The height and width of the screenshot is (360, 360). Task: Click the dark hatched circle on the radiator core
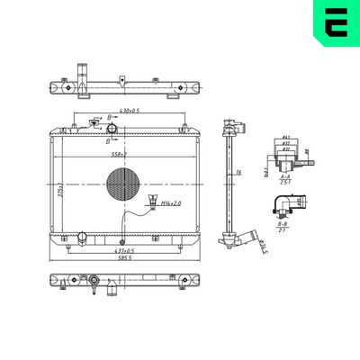tap(123, 185)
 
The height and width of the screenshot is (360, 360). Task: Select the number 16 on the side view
tap(238, 172)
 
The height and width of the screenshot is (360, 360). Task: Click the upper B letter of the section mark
tap(110, 118)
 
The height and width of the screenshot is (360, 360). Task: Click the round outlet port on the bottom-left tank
tap(81, 237)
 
